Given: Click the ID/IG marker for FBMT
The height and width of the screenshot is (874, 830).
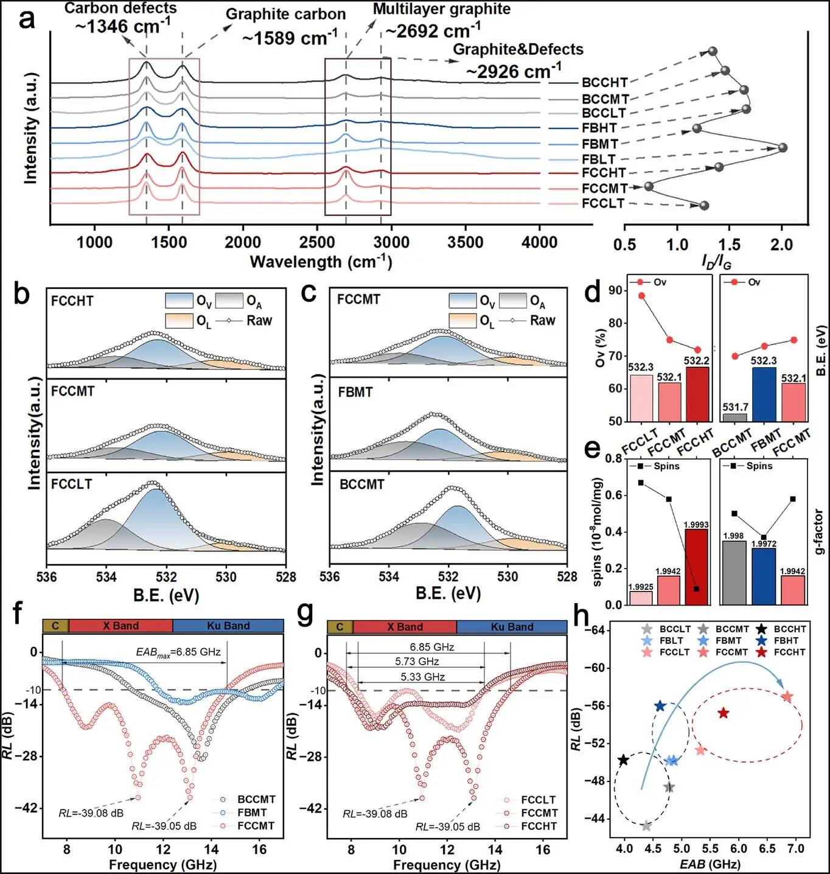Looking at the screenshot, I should (783, 148).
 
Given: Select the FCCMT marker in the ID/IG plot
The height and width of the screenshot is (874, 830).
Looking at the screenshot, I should (649, 186).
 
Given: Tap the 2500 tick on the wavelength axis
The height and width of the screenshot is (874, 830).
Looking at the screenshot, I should (317, 242).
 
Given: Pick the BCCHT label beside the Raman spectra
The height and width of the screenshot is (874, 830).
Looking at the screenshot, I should (604, 83).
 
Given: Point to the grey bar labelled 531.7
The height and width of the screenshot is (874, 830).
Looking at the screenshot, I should (735, 418).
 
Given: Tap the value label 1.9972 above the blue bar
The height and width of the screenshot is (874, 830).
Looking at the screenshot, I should (764, 544).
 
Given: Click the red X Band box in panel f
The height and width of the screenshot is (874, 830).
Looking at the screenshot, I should (120, 626).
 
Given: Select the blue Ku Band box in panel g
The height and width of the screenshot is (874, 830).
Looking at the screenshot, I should (512, 627).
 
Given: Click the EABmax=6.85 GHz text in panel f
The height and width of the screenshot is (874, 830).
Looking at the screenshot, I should (178, 652).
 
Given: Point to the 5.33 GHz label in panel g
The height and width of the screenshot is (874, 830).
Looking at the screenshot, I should (422, 677).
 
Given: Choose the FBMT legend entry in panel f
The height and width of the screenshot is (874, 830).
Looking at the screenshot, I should (252, 813).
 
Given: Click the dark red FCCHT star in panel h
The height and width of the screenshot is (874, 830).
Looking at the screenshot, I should (723, 713).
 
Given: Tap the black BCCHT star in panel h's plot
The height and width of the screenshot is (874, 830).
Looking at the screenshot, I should (623, 760).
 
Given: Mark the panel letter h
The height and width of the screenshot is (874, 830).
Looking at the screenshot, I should (582, 617).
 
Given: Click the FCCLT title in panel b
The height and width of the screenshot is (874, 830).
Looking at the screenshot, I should (71, 484).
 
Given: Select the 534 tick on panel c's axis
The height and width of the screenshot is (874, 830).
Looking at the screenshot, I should (389, 576).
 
